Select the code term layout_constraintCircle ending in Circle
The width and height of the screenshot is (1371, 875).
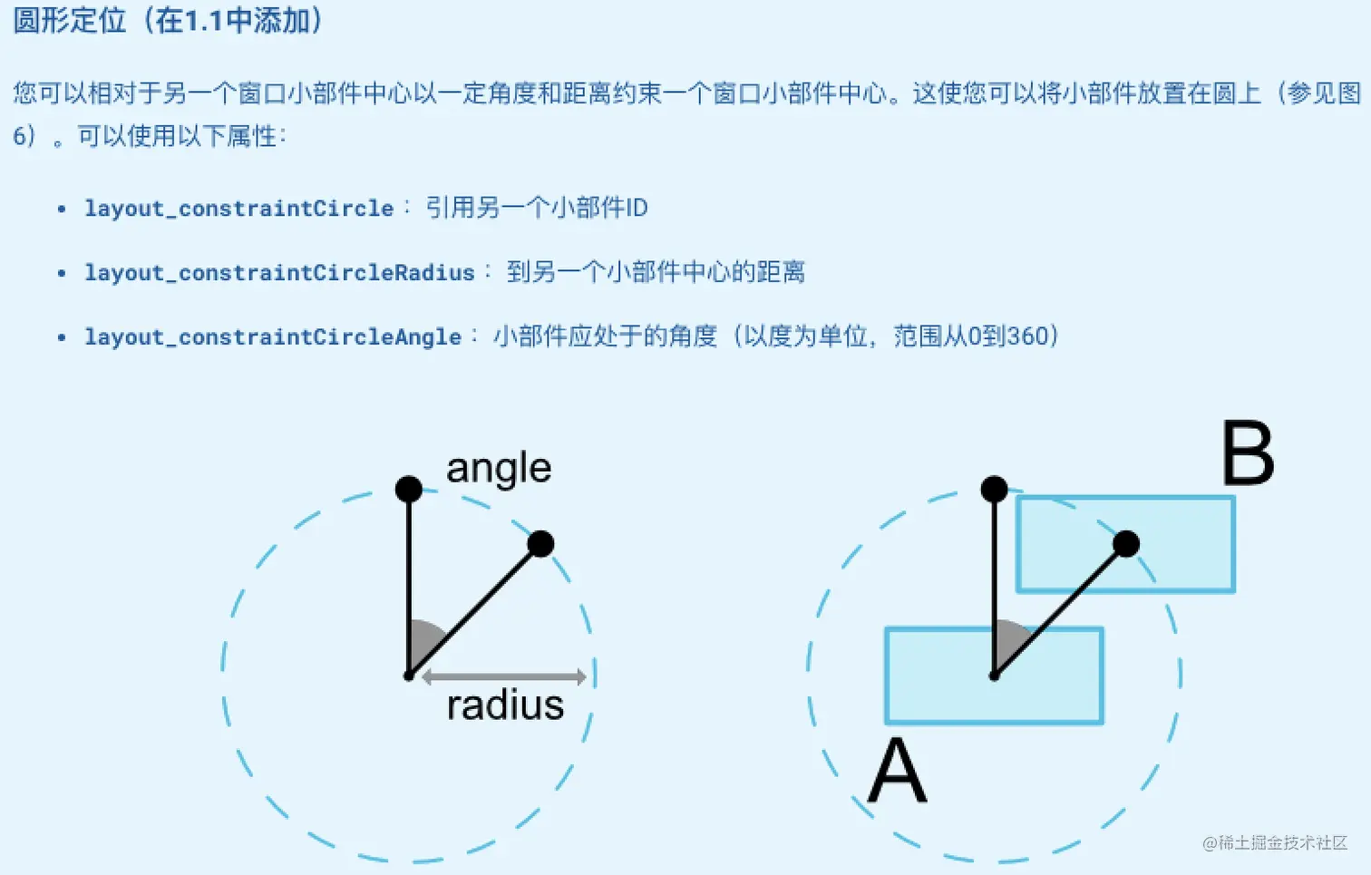238,209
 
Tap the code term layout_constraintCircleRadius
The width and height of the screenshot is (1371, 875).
279,273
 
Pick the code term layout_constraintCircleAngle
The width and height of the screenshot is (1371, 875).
273,337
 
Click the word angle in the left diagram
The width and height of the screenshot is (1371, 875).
499,470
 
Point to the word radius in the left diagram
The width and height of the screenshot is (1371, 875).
505,705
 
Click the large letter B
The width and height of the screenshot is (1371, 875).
1248,452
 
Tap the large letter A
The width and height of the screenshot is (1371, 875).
898,770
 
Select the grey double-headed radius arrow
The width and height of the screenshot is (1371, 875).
504,676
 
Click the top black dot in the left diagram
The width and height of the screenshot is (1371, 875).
409,489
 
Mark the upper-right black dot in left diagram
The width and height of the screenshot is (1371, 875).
540,544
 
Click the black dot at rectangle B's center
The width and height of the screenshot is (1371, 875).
1126,544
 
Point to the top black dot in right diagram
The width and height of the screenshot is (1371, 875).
994,489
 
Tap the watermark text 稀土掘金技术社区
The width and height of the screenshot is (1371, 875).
1283,842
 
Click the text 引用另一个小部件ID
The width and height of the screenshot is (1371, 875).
537,208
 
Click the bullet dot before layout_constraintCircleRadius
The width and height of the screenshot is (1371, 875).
62,273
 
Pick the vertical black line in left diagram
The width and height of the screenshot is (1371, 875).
409,582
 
